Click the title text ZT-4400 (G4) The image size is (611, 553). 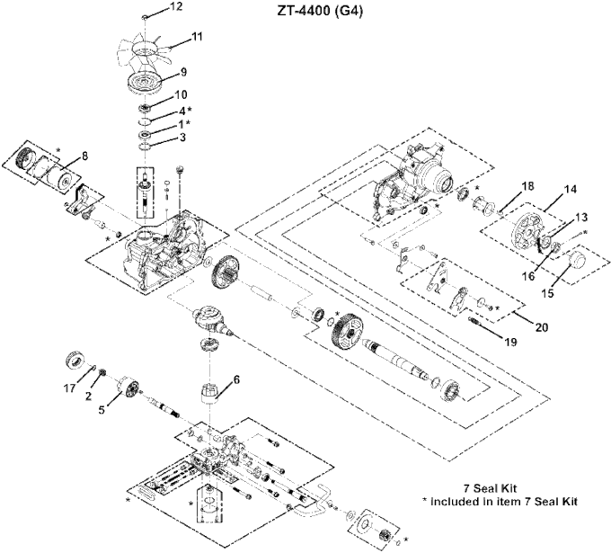(x=320, y=12)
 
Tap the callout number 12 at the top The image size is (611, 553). (x=176, y=6)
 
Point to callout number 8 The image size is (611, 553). (x=84, y=156)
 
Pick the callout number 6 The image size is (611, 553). (x=236, y=379)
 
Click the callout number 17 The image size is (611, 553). (x=70, y=388)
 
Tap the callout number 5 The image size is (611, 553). (x=102, y=410)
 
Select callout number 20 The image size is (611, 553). (x=542, y=326)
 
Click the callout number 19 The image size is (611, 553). (x=510, y=342)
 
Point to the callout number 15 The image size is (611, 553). (x=547, y=293)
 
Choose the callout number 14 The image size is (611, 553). (x=570, y=189)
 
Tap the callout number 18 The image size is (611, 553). (x=528, y=186)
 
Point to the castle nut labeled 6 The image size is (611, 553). (x=209, y=392)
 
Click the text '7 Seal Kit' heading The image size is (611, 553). (x=490, y=488)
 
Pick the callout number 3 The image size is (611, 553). (x=182, y=138)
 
